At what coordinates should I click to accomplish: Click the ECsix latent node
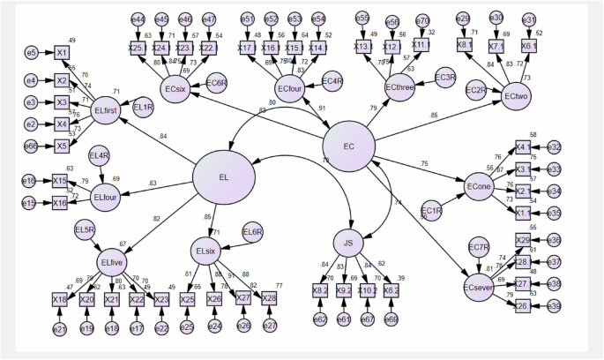(175, 88)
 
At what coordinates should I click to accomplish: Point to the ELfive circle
(110, 261)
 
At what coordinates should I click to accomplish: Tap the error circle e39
(555, 306)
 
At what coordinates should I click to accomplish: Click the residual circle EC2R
(477, 89)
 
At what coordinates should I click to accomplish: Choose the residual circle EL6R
(252, 231)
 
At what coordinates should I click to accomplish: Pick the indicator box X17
(246, 47)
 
